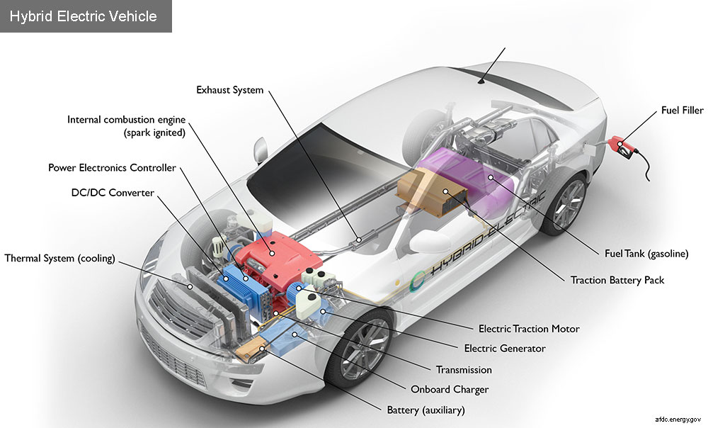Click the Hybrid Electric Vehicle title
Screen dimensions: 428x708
[x=84, y=16]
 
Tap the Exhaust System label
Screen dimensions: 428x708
[x=229, y=90]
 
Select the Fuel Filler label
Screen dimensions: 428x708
[x=681, y=110]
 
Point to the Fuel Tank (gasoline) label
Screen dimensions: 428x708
[x=647, y=253]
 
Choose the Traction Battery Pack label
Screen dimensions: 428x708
[x=617, y=280]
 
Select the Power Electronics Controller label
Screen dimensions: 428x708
[x=112, y=168]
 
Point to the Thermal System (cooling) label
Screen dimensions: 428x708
[x=59, y=258]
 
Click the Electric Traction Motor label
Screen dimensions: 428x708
[x=529, y=329]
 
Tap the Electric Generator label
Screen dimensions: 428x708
[x=505, y=349]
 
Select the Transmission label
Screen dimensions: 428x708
[x=464, y=369]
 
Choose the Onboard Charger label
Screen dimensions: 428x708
[x=450, y=389]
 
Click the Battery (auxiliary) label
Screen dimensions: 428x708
[x=426, y=410]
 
